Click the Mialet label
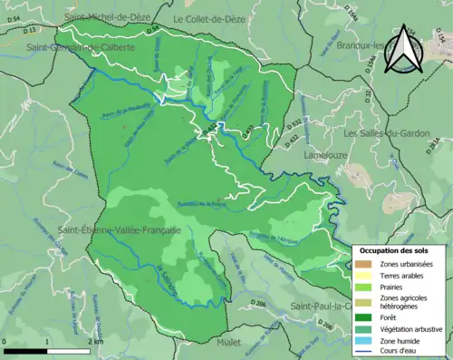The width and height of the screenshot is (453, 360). click(230, 343)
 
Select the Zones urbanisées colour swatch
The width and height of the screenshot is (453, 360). click(364, 264)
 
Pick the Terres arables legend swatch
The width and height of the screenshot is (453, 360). click(364, 275)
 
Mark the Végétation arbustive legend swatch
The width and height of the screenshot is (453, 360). click(364, 328)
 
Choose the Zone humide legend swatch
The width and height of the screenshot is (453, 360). click(364, 340)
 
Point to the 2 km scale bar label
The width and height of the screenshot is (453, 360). click(95, 342)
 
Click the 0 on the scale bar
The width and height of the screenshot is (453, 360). click(6, 342)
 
